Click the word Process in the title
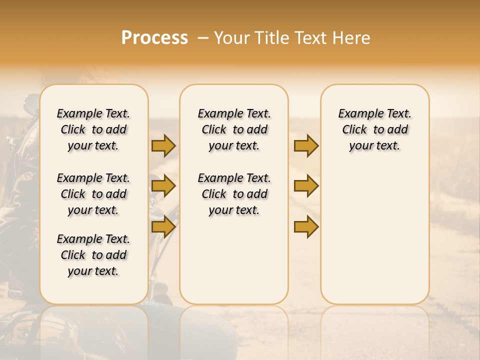pyautogui.click(x=154, y=38)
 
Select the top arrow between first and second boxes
pyautogui.click(x=163, y=146)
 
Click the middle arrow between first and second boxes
pyautogui.click(x=163, y=186)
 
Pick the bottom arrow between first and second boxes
pyautogui.click(x=163, y=227)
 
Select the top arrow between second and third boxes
pyautogui.click(x=306, y=146)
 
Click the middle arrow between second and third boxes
pyautogui.click(x=306, y=186)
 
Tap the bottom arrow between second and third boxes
pyautogui.click(x=306, y=227)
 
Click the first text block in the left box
pyautogui.click(x=93, y=129)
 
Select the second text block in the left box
pyautogui.click(x=93, y=194)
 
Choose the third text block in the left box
pyautogui.click(x=93, y=255)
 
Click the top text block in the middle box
pyautogui.click(x=234, y=129)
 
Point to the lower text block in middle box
pyautogui.click(x=234, y=194)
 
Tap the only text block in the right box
pyautogui.click(x=374, y=129)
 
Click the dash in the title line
pyautogui.click(x=202, y=38)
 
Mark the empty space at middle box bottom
pyautogui.click(x=234, y=265)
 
